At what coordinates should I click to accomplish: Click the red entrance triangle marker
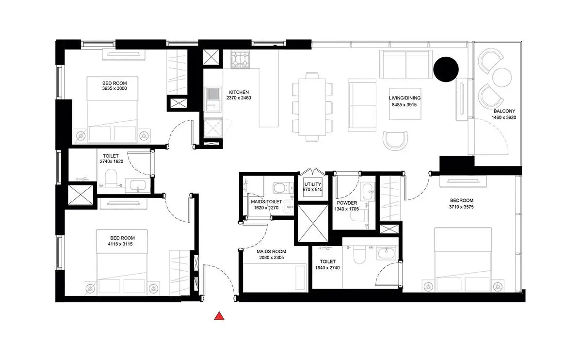pyautogui.click(x=219, y=316)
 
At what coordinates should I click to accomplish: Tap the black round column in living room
pyautogui.click(x=446, y=69)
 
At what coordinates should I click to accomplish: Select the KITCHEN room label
pyautogui.click(x=239, y=92)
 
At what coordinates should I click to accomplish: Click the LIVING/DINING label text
pyautogui.click(x=404, y=98)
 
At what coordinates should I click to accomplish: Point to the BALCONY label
pyautogui.click(x=504, y=111)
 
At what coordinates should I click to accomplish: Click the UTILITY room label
pyautogui.click(x=312, y=184)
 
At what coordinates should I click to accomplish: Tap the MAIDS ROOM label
pyautogui.click(x=271, y=251)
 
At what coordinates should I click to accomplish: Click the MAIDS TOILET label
pyautogui.click(x=266, y=201)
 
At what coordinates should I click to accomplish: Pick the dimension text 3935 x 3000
pyautogui.click(x=114, y=88)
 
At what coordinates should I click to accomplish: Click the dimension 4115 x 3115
pyautogui.click(x=120, y=244)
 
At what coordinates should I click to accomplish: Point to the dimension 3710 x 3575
pyautogui.click(x=461, y=207)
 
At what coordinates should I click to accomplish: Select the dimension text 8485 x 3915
pyautogui.click(x=404, y=105)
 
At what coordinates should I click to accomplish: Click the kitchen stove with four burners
pyautogui.click(x=240, y=60)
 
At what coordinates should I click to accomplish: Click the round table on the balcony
pyautogui.click(x=501, y=77)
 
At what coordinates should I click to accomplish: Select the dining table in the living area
pyautogui.click(x=312, y=107)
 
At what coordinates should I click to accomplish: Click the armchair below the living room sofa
pyautogui.click(x=395, y=140)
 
